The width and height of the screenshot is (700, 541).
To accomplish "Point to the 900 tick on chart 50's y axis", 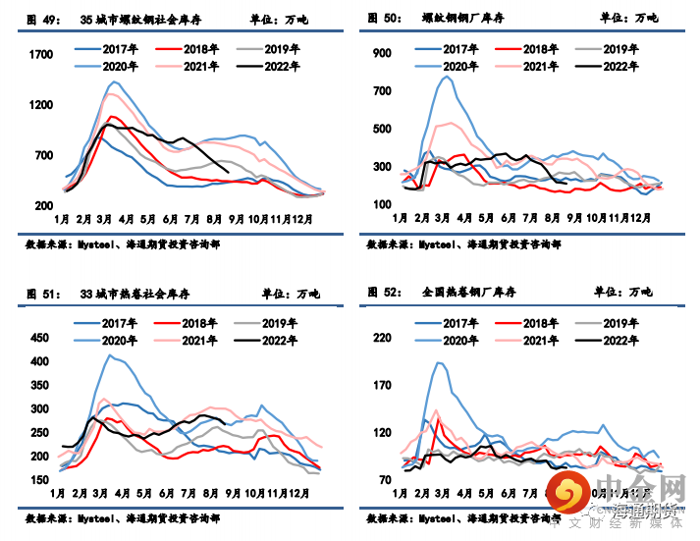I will coord(381,54).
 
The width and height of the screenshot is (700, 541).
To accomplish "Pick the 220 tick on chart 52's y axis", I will coord(381,338).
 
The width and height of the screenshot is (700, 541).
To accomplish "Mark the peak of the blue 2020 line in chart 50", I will coord(447,76).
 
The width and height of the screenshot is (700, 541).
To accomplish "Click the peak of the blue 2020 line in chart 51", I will coord(110,355).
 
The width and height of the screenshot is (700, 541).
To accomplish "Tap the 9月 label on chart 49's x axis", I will coord(236,217).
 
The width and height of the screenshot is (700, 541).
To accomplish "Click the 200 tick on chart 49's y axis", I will coord(44,205).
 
